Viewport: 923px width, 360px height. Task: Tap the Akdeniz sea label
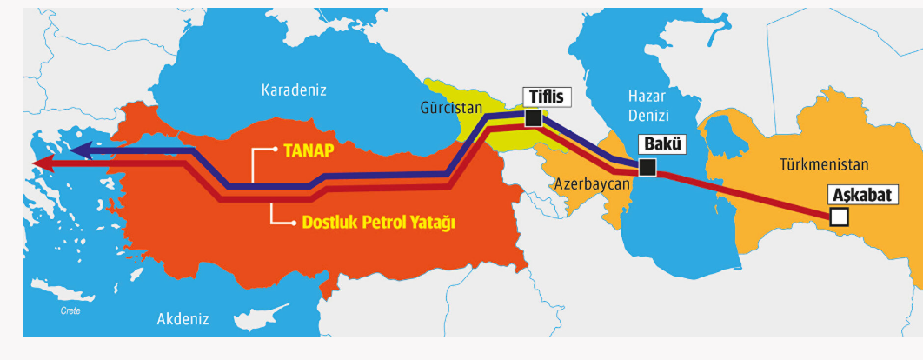pyautogui.click(x=183, y=319)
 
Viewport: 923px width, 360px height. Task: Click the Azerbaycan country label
pyautogui.click(x=591, y=184)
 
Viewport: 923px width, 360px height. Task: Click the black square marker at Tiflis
pyautogui.click(x=533, y=118)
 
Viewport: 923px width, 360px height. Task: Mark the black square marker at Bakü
pyautogui.click(x=647, y=167)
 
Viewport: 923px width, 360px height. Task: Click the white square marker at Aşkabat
pyautogui.click(x=839, y=217)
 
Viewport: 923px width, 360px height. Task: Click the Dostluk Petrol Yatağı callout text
pyautogui.click(x=378, y=223)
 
